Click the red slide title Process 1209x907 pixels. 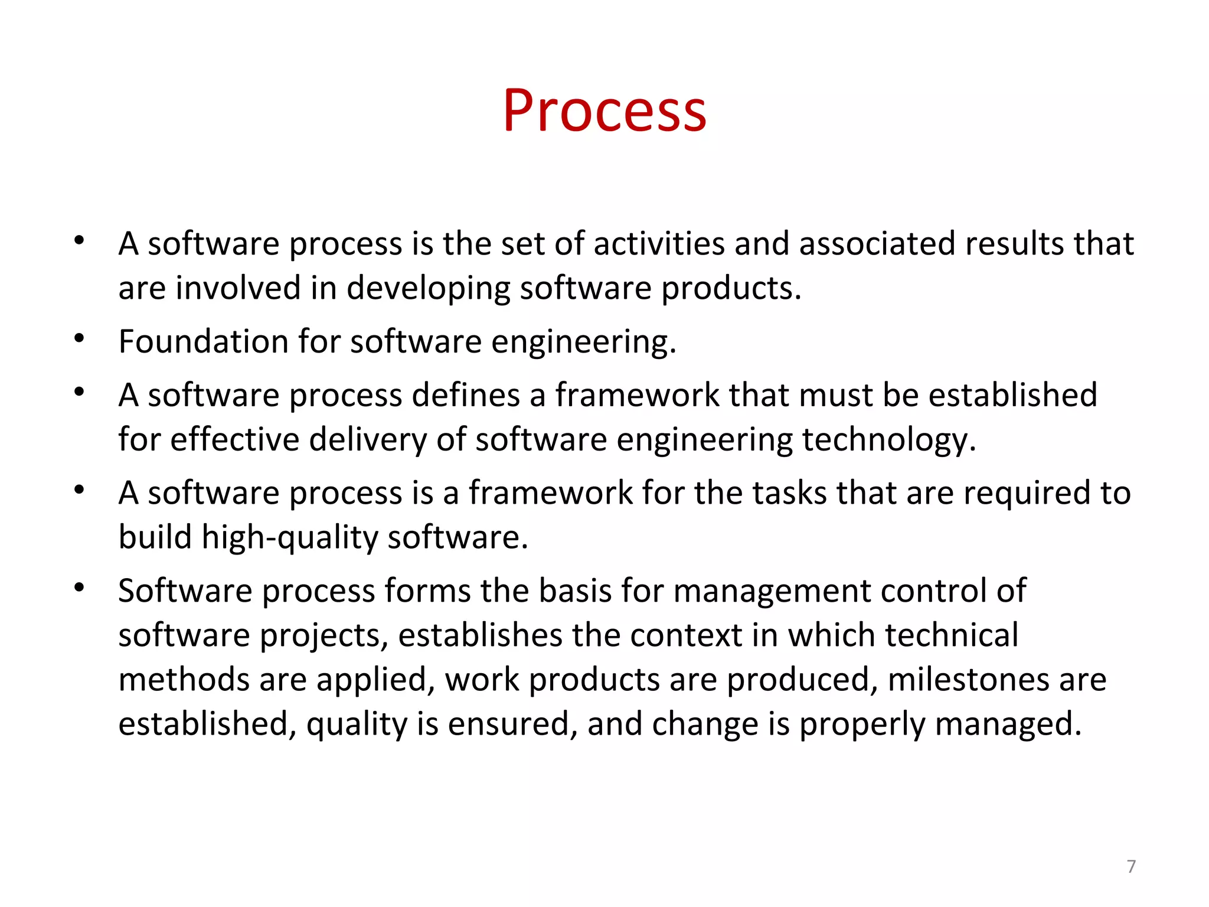pyautogui.click(x=604, y=110)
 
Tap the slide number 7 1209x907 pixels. pyautogui.click(x=1131, y=866)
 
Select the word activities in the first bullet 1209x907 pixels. pyautogui.click(x=659, y=243)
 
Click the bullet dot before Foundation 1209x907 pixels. pyautogui.click(x=79, y=338)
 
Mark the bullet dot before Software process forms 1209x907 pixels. pyautogui.click(x=79, y=588)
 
